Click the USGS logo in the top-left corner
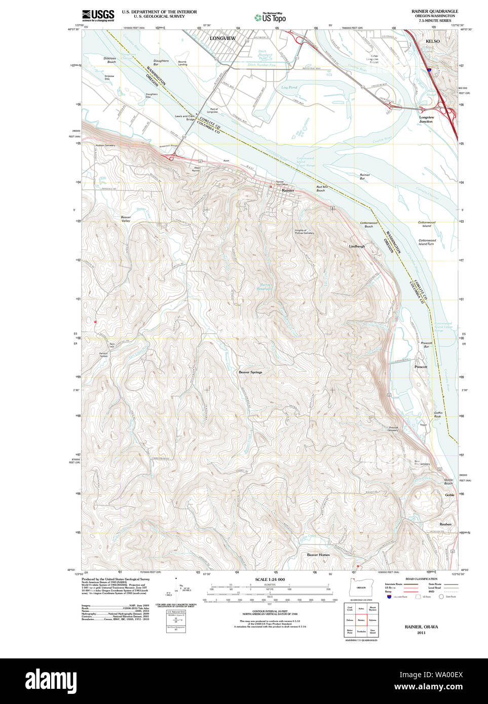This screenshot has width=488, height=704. (x=98, y=15)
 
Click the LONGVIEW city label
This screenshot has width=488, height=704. (x=222, y=38)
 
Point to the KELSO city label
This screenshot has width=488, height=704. (x=432, y=41)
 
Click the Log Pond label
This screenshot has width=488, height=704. (x=289, y=87)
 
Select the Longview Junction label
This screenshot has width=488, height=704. (x=426, y=120)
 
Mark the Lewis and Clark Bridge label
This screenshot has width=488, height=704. (x=185, y=118)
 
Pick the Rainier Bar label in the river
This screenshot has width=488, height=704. (x=364, y=177)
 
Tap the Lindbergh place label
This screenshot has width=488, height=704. (x=357, y=246)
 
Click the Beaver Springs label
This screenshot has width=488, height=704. (x=250, y=372)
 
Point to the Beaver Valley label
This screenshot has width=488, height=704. (x=126, y=219)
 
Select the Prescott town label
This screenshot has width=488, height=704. (x=421, y=367)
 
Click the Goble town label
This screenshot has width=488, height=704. (x=449, y=495)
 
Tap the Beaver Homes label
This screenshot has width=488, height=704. (x=318, y=555)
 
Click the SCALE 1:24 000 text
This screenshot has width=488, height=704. (x=270, y=579)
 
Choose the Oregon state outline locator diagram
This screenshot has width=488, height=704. (x=360, y=588)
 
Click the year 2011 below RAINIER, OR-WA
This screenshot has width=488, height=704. (x=421, y=633)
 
